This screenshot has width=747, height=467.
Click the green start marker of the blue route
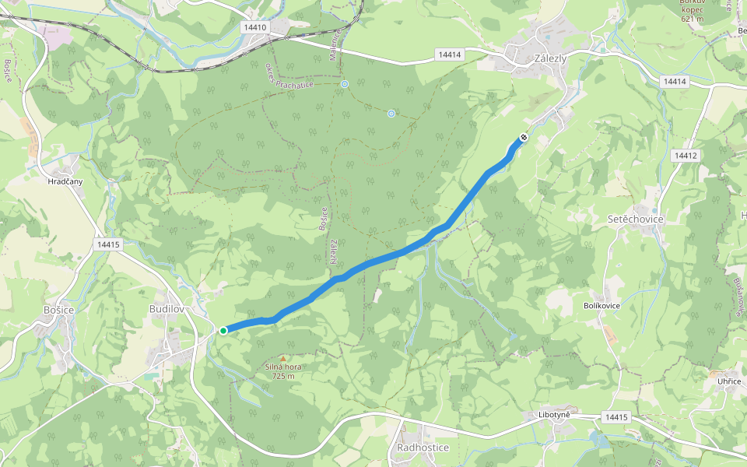(223, 331)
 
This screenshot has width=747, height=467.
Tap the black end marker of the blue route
(523, 138)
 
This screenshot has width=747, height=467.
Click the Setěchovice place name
(635, 219)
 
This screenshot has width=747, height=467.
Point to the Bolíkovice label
(601, 306)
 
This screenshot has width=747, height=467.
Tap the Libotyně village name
(554, 415)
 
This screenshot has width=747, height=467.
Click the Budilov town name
(166, 309)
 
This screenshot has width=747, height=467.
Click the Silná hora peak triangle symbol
(282, 357)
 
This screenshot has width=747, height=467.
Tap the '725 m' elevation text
(282, 376)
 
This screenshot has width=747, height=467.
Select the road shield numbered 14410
(254, 27)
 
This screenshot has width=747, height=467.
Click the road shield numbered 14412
(686, 156)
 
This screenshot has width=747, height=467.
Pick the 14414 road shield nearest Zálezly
(449, 54)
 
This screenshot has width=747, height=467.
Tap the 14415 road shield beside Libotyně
(615, 418)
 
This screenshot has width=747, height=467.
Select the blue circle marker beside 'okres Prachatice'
(344, 83)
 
